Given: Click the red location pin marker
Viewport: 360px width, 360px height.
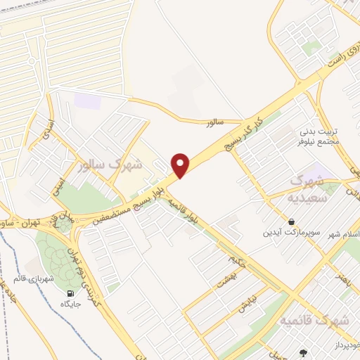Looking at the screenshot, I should pyautogui.click(x=181, y=165).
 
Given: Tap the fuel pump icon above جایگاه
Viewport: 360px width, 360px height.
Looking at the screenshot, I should pyautogui.click(x=70, y=293).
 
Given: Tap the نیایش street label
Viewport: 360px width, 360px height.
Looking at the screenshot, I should pyautogui.click(x=243, y=305).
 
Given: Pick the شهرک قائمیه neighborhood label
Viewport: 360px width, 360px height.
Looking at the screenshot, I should pyautogui.click(x=314, y=321).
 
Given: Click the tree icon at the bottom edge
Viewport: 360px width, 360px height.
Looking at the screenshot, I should pyautogui.click(x=304, y=353).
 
